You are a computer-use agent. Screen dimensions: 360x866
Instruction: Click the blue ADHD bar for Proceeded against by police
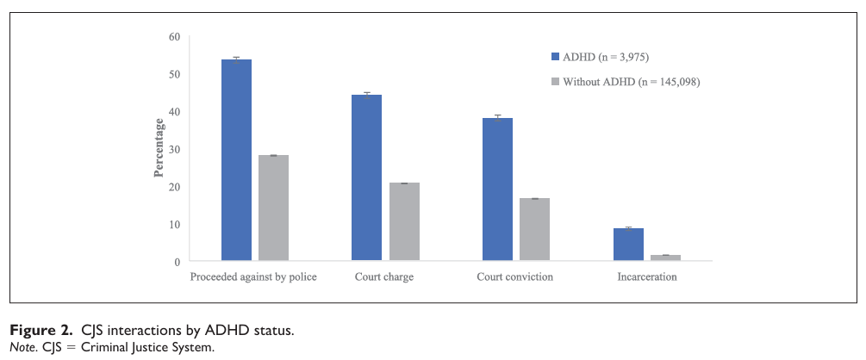(x=236, y=159)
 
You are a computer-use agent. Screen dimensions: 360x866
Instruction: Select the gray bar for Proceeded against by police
(x=273, y=208)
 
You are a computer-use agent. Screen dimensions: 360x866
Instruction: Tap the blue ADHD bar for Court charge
(x=366, y=177)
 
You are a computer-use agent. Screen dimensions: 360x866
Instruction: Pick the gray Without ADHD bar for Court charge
(x=404, y=221)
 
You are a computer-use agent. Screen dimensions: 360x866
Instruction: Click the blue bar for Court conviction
(x=497, y=189)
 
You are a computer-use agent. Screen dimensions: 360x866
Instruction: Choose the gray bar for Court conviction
(x=534, y=229)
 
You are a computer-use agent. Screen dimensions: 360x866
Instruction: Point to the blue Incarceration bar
(x=628, y=244)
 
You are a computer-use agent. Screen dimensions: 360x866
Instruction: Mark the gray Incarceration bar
(x=665, y=257)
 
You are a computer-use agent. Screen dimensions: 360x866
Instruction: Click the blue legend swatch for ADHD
(x=556, y=57)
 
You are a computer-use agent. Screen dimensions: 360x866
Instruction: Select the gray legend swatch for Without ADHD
(x=556, y=82)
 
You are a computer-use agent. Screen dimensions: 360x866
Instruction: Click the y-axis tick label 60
(x=174, y=37)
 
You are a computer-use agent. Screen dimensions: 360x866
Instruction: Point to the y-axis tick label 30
(x=174, y=149)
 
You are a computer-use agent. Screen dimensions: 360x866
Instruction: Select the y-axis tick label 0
(x=177, y=262)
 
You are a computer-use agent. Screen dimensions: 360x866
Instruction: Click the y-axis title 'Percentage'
(x=159, y=149)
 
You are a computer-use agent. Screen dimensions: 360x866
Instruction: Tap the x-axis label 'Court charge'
(x=384, y=277)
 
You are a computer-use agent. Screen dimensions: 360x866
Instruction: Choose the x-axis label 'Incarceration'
(x=646, y=277)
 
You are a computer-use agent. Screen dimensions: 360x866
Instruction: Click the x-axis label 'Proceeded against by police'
(x=253, y=277)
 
